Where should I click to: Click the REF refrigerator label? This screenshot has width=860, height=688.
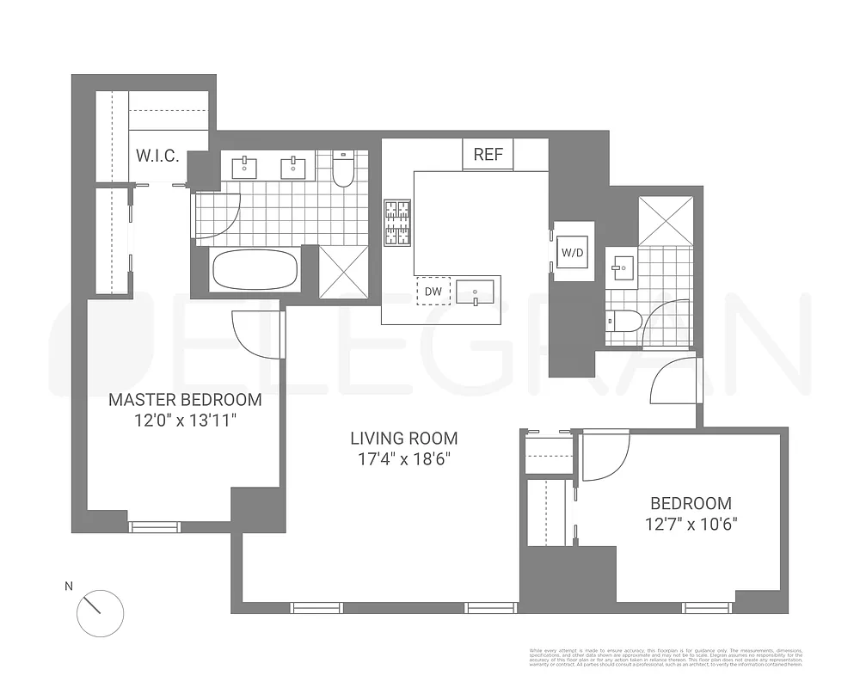(x=488, y=155)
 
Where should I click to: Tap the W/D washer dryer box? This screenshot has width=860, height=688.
(x=572, y=252)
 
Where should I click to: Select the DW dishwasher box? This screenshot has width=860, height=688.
(x=433, y=292)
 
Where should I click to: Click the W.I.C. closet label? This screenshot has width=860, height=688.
(x=157, y=157)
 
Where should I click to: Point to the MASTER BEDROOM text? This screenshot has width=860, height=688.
(x=185, y=400)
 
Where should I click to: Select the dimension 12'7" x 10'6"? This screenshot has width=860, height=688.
(x=691, y=523)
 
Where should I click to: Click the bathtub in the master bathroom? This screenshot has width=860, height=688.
(x=255, y=269)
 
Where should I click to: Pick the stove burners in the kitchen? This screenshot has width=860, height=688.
(x=396, y=223)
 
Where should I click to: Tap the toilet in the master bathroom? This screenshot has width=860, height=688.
(x=343, y=171)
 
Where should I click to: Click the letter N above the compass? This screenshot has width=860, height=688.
(x=69, y=587)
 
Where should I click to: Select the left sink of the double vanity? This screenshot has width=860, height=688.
(x=246, y=164)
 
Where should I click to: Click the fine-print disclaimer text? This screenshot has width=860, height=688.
(x=666, y=656)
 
